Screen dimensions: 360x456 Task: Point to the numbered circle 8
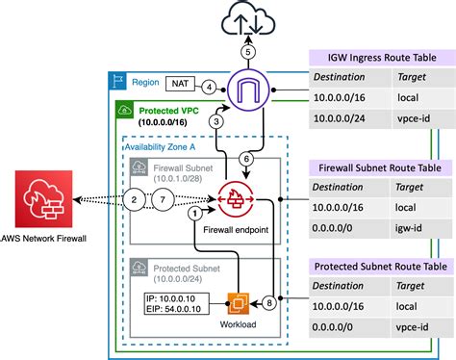[268, 302]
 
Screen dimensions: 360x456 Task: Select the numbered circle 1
[197, 212]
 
